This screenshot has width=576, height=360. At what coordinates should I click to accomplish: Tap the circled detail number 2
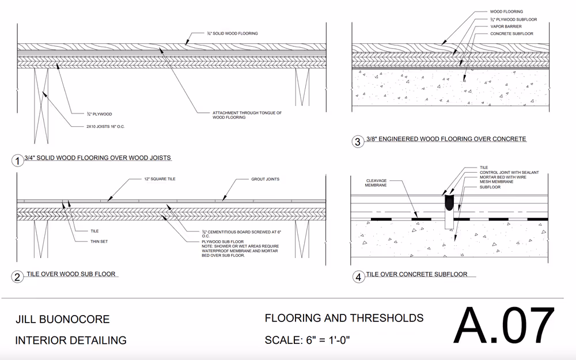click(x=18, y=277)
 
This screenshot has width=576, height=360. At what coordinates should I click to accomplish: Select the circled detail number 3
click(x=357, y=142)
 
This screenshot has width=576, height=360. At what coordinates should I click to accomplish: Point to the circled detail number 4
click(x=358, y=277)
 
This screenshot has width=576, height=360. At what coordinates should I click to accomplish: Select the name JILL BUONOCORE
click(x=62, y=320)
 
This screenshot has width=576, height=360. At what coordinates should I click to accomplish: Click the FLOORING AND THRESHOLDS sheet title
click(x=344, y=318)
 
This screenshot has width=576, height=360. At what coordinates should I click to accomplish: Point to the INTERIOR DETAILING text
click(x=71, y=340)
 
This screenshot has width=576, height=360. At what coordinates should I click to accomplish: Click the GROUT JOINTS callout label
click(x=265, y=179)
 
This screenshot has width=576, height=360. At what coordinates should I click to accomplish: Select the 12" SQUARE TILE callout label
click(x=160, y=179)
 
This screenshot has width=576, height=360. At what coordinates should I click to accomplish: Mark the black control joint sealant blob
click(x=449, y=202)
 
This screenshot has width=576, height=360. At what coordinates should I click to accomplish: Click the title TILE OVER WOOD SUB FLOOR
click(x=73, y=274)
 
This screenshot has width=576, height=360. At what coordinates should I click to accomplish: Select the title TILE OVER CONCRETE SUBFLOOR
click(x=416, y=274)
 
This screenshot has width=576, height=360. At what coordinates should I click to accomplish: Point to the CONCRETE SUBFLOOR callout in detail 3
click(x=511, y=34)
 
